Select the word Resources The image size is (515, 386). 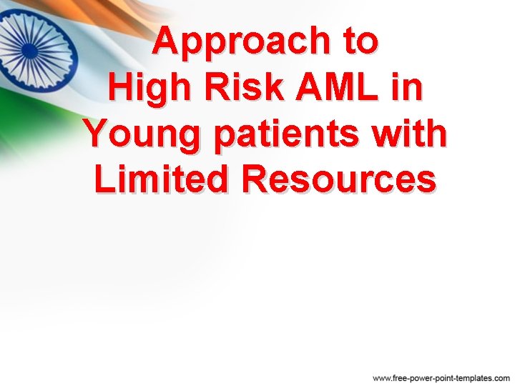coord(338,179)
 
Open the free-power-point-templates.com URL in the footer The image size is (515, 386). coord(441,377)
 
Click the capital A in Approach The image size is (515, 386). coord(167,42)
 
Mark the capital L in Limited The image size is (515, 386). coord(104,179)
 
